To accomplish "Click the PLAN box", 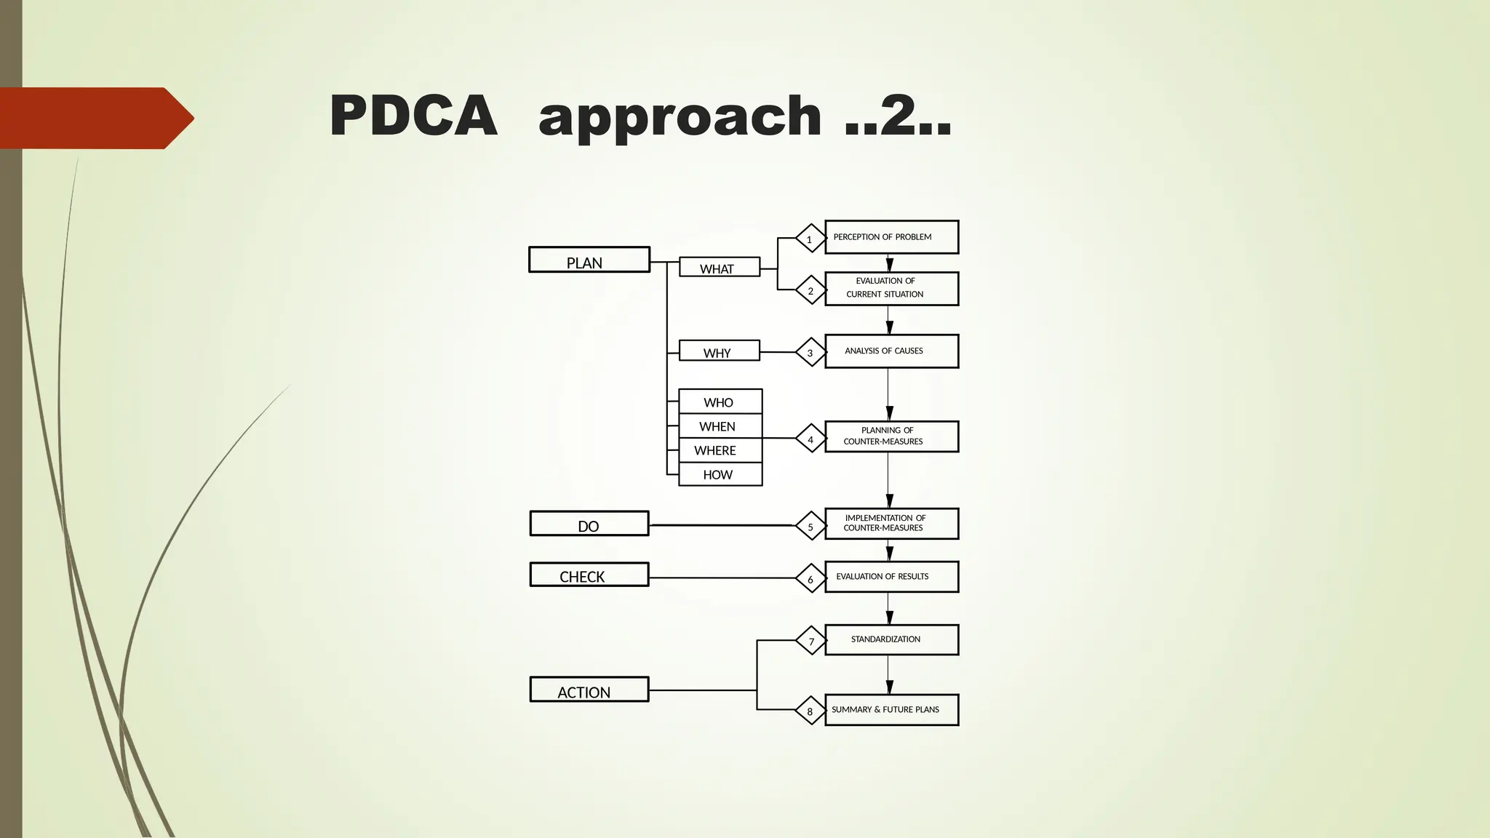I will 589,260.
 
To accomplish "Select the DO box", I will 589,524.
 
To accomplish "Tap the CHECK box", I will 589,575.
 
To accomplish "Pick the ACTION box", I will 589,690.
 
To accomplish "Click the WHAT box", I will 720,267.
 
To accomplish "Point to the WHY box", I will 720,351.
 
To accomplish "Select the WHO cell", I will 720,402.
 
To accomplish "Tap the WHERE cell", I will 720,450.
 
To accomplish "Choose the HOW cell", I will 720,474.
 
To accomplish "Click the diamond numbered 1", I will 810,239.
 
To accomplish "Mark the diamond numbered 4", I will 810,439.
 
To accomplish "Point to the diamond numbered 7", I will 810,641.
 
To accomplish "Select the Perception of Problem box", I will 891,237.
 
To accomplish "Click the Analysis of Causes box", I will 891,351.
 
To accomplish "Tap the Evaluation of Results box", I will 891,577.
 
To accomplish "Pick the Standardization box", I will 891,640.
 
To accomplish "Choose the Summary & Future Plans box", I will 891,710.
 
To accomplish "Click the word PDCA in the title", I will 413,116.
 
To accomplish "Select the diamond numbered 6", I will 810,579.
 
